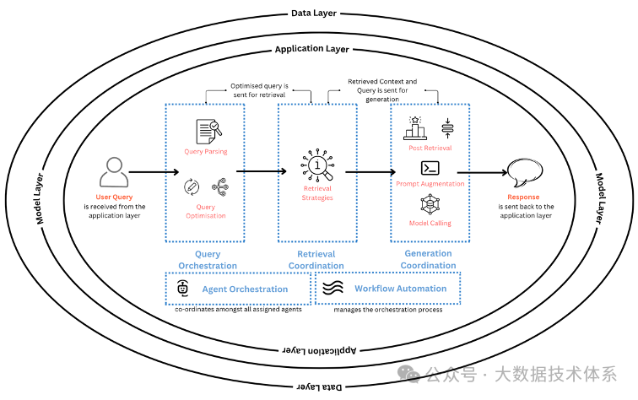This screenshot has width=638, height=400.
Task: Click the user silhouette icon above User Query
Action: point(114,171)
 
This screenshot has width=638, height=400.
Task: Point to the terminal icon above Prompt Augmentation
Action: point(430,167)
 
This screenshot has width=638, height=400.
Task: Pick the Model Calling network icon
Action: point(430,205)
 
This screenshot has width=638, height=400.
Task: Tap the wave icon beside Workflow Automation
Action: point(333,289)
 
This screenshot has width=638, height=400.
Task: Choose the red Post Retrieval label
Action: point(430,148)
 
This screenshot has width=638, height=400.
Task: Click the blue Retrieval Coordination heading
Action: point(316,259)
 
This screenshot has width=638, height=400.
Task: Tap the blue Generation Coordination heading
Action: point(428,259)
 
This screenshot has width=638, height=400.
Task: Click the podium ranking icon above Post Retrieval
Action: point(414,127)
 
